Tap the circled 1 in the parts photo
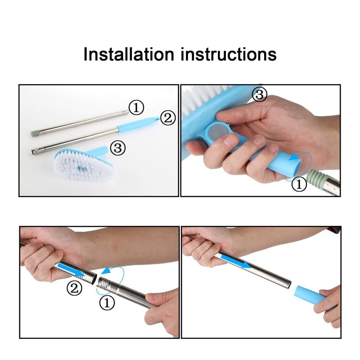click(136, 108)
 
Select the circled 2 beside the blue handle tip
click(168, 118)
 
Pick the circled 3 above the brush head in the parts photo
click(118, 148)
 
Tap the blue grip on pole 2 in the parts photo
click(135, 125)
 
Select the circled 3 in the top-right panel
click(259, 95)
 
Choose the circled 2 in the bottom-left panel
click(75, 288)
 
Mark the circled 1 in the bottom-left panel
click(107, 303)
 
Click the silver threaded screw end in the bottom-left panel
click(105, 284)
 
